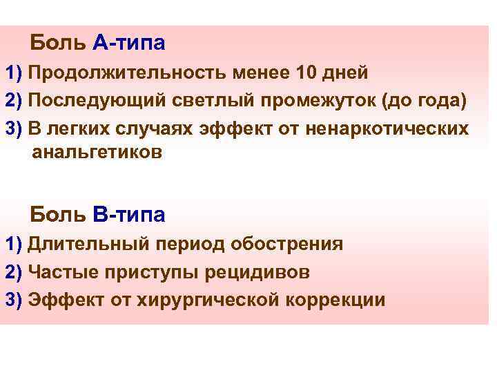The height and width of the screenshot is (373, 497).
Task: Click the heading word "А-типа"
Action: pyautogui.click(x=129, y=44)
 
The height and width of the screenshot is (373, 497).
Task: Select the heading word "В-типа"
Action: pyautogui.click(x=129, y=215)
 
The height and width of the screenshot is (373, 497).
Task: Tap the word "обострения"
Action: pyautogui.click(x=287, y=245)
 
